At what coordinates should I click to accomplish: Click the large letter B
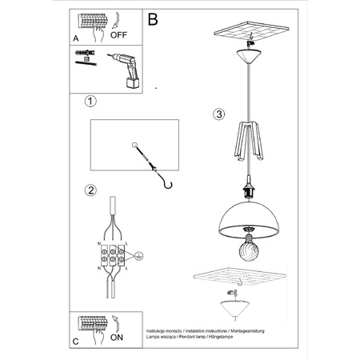tap(154, 17)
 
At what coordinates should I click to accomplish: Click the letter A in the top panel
tap(76, 36)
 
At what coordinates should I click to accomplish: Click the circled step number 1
tap(91, 102)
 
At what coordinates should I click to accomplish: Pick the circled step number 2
tap(91, 190)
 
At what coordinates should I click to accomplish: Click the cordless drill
tap(127, 69)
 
